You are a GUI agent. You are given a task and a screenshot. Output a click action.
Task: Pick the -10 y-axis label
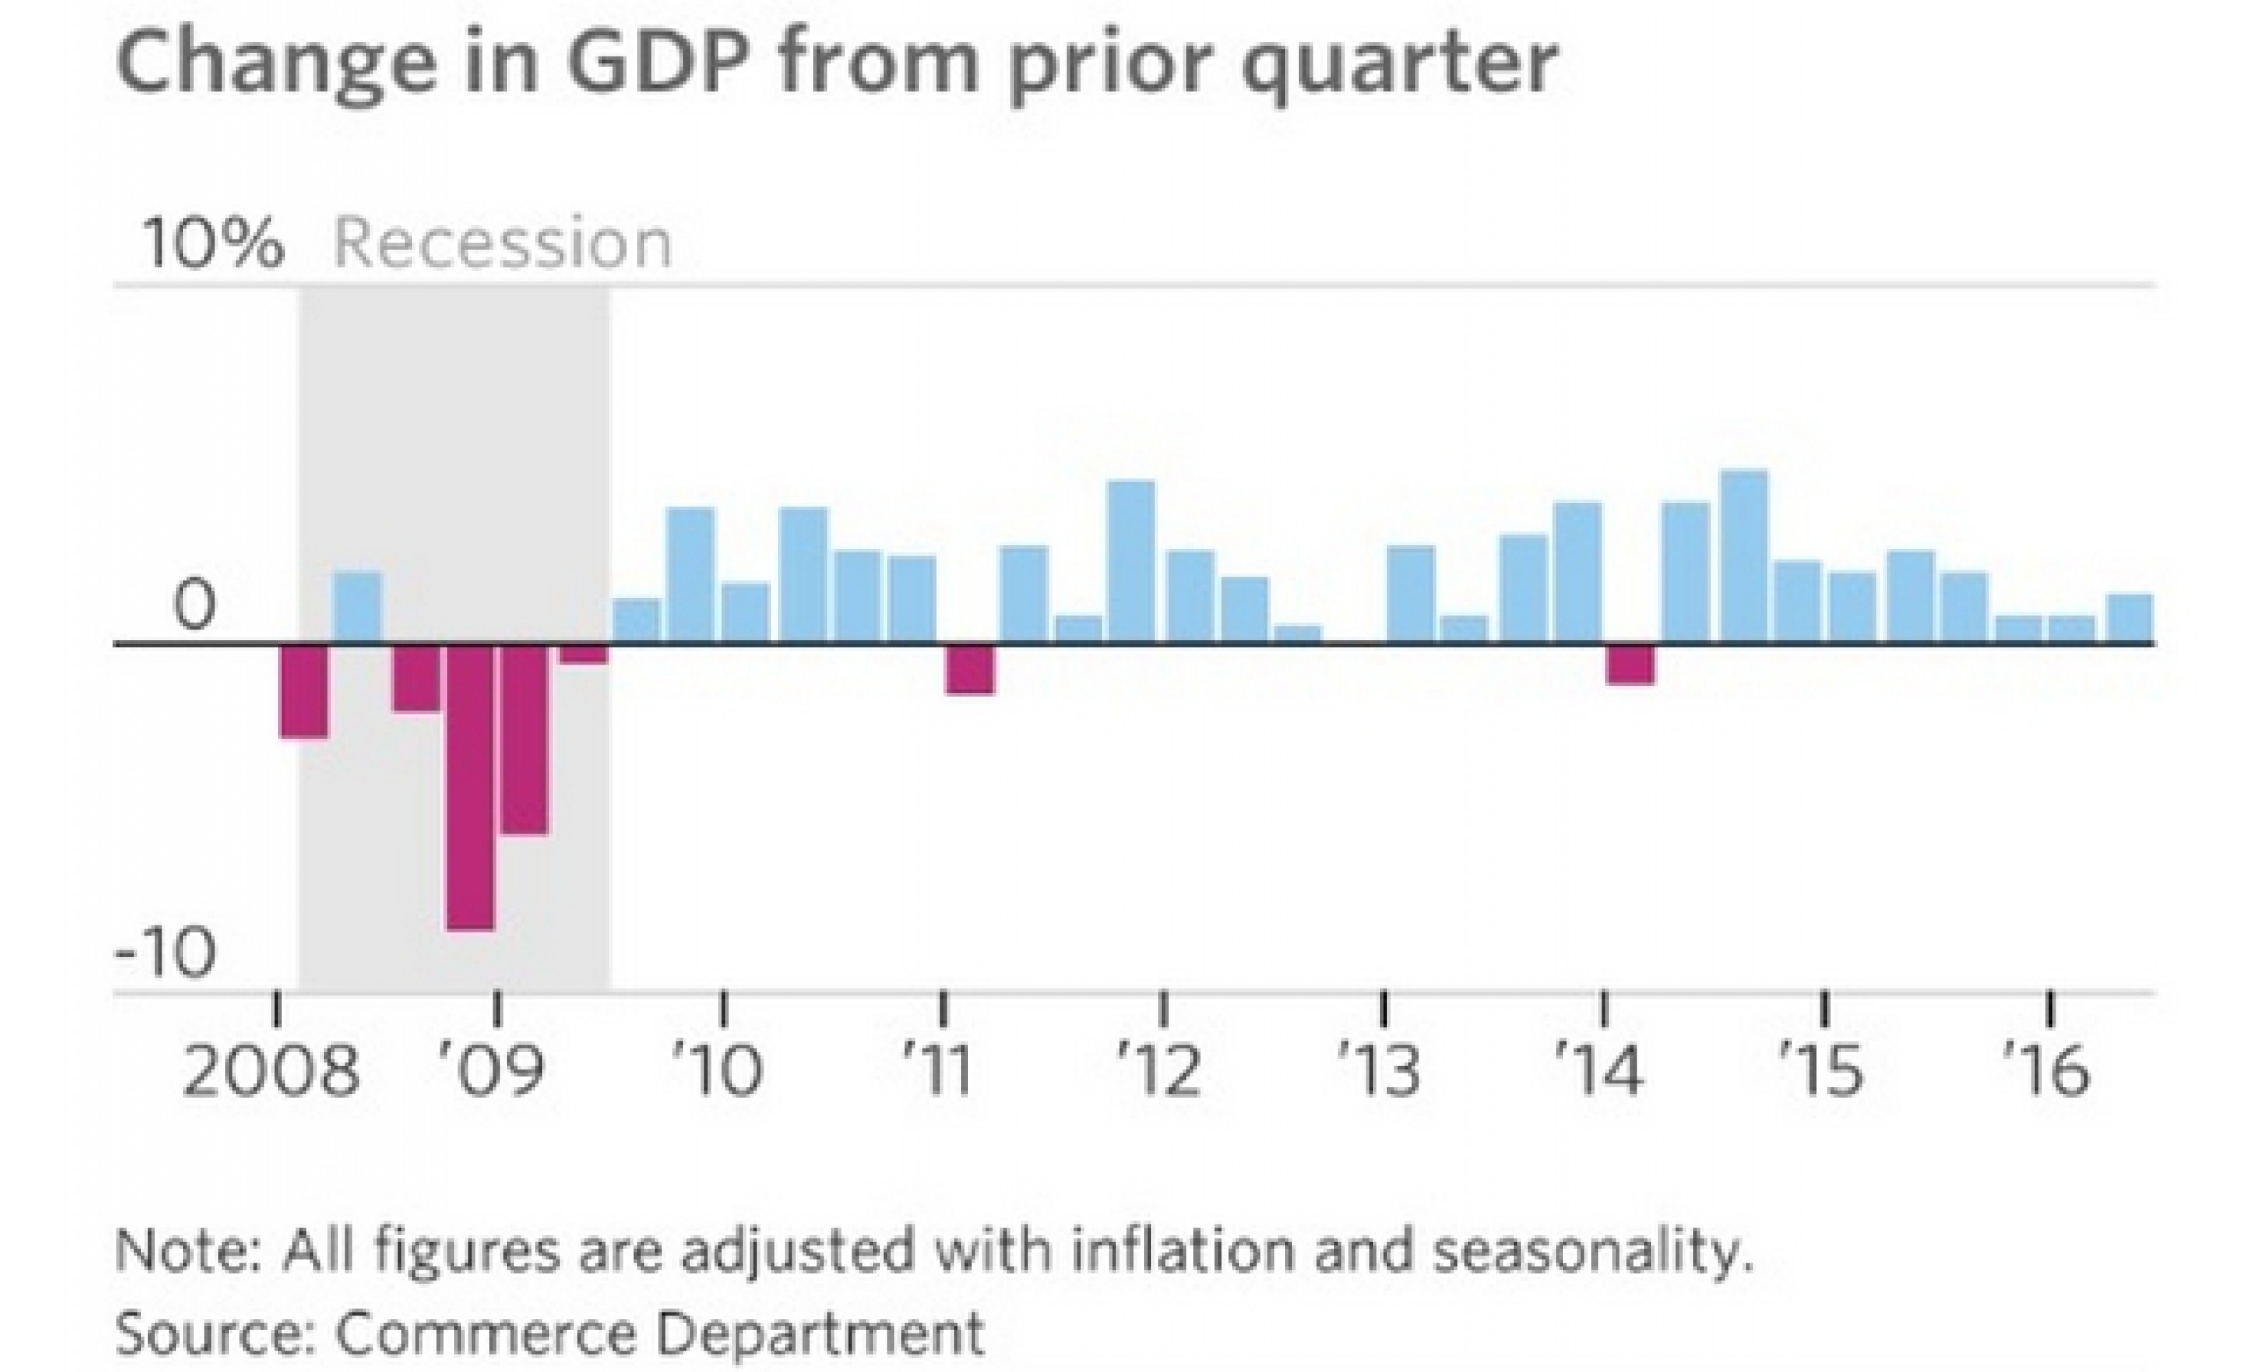coord(167,953)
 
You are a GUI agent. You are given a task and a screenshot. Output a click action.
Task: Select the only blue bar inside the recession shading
coord(357,607)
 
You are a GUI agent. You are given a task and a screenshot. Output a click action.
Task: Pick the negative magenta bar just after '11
coord(970,669)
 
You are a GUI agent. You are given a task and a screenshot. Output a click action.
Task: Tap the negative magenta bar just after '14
coord(1631,665)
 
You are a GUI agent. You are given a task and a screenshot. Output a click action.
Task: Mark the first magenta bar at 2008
coord(304,690)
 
